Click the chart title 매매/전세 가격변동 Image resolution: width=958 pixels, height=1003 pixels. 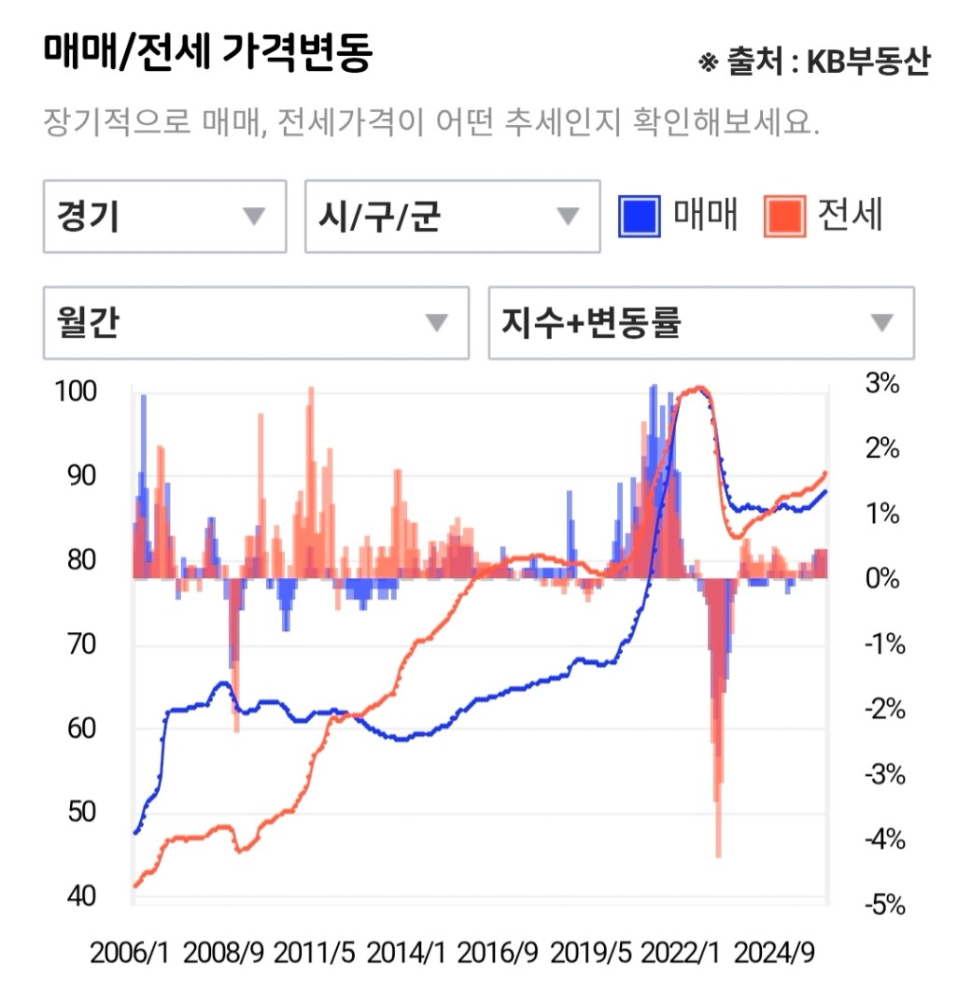[207, 54]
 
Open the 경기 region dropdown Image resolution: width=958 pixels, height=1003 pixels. [164, 217]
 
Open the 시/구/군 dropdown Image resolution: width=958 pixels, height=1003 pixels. [452, 217]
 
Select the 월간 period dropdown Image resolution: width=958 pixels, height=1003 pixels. [255, 323]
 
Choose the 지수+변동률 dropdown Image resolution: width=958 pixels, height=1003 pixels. [700, 323]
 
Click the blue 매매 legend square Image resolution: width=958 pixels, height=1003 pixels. [640, 216]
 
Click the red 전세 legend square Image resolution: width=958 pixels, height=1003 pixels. [784, 216]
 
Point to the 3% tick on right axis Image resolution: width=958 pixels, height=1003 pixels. [881, 384]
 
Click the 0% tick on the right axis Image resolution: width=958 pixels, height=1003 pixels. [881, 579]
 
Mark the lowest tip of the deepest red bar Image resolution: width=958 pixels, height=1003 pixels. [718, 855]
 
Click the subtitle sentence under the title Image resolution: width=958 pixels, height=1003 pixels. [430, 122]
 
